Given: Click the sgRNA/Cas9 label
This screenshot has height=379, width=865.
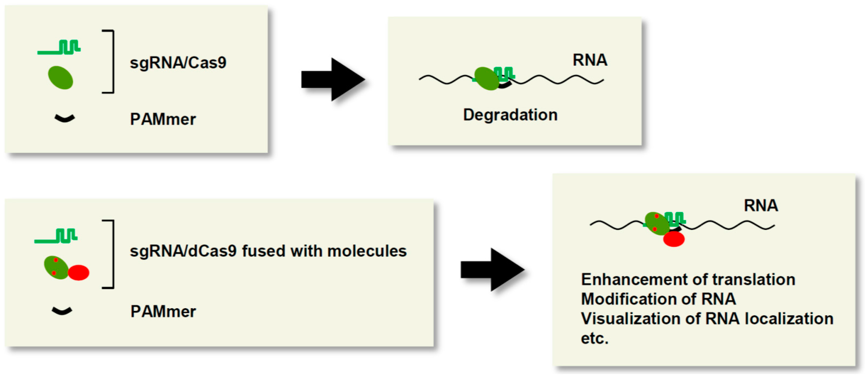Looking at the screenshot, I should (x=178, y=63).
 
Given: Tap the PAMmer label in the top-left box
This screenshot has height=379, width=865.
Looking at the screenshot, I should (x=163, y=119).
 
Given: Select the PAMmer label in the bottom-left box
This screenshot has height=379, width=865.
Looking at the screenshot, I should (x=163, y=311).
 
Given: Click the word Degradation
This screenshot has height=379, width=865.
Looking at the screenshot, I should (x=510, y=115).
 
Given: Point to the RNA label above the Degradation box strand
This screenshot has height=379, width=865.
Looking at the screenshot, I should (x=590, y=60).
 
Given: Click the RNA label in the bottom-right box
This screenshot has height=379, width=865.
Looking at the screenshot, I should (x=761, y=206).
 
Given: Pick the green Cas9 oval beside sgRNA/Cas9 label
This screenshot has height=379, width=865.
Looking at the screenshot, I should (x=60, y=78).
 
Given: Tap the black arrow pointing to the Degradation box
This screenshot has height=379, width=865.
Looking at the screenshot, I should (x=332, y=80).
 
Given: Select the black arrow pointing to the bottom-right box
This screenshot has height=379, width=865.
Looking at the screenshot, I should (x=492, y=270).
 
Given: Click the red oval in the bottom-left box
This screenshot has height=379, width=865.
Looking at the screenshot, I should (x=79, y=272).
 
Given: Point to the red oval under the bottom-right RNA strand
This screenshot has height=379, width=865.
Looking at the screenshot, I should (x=674, y=239).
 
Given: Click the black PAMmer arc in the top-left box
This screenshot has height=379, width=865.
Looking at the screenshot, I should (x=65, y=118).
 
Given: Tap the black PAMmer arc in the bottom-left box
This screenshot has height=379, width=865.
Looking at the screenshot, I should (x=62, y=311).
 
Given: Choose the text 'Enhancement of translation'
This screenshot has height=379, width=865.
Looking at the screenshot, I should (x=688, y=279).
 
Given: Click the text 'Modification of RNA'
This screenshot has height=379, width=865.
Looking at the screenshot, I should (x=658, y=299).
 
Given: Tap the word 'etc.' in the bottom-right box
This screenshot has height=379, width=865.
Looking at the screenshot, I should (x=594, y=338).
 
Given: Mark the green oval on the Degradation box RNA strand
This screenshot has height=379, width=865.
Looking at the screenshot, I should (x=486, y=79).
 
